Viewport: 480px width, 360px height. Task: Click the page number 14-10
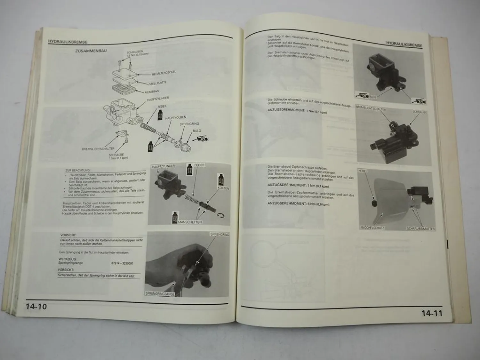point(36,307)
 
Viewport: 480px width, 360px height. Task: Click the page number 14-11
point(432,313)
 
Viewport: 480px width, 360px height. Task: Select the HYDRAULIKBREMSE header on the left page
point(68,42)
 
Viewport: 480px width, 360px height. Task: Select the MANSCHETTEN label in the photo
point(190,222)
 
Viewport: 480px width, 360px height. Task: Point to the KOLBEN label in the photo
point(223,188)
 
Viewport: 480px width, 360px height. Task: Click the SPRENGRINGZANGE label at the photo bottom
point(160,293)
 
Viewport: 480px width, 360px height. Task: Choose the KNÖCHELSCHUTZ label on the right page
point(372,228)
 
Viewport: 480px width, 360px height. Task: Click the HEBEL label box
point(363,171)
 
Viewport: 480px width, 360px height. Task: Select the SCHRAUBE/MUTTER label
point(420,229)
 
